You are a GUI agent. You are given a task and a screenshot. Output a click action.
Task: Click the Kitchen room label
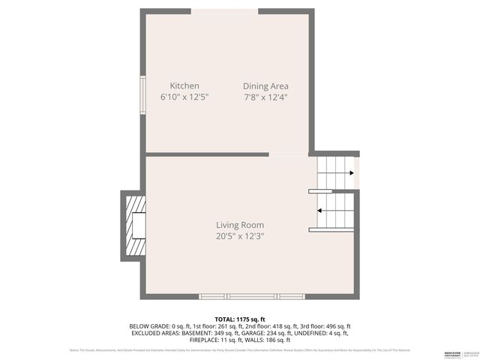[184, 86]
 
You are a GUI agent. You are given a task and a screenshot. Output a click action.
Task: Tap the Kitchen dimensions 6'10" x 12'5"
[184, 97]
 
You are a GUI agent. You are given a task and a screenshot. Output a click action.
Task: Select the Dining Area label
[265, 86]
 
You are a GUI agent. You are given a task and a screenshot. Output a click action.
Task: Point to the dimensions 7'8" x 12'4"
[265, 97]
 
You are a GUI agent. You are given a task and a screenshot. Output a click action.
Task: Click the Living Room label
[240, 225]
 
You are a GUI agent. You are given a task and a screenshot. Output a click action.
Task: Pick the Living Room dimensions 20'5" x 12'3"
[240, 236]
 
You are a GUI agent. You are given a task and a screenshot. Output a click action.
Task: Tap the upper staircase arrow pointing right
[337, 172]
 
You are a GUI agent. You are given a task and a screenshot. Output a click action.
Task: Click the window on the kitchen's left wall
[141, 92]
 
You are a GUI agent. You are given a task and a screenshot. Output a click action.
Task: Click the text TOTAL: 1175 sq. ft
[240, 319]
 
